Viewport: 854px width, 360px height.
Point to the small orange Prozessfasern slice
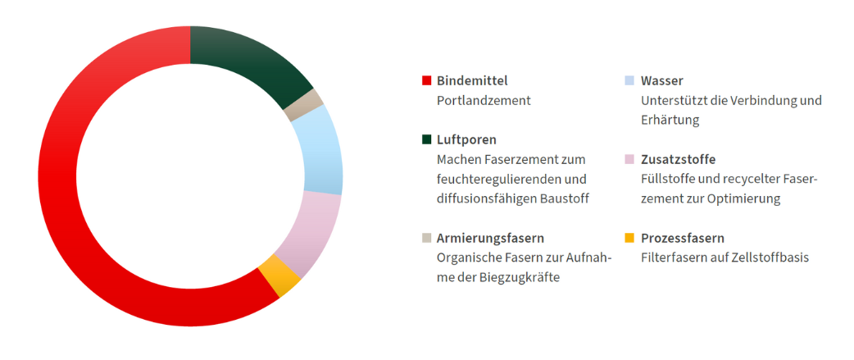click(279, 275)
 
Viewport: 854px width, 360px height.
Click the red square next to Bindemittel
click(426, 81)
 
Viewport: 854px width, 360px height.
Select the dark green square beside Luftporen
click(426, 140)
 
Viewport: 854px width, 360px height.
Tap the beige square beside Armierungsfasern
click(426, 239)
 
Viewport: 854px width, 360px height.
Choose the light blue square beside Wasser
click(629, 81)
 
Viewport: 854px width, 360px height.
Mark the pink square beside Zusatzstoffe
click(629, 160)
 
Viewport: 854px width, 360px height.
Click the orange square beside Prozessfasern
click(629, 239)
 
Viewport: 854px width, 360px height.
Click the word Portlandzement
click(484, 100)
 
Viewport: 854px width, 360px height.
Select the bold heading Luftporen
click(466, 139)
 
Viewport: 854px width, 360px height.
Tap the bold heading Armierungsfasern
click(490, 238)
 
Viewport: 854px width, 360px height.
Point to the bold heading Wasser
click(661, 80)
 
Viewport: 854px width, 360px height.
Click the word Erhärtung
click(670, 120)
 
